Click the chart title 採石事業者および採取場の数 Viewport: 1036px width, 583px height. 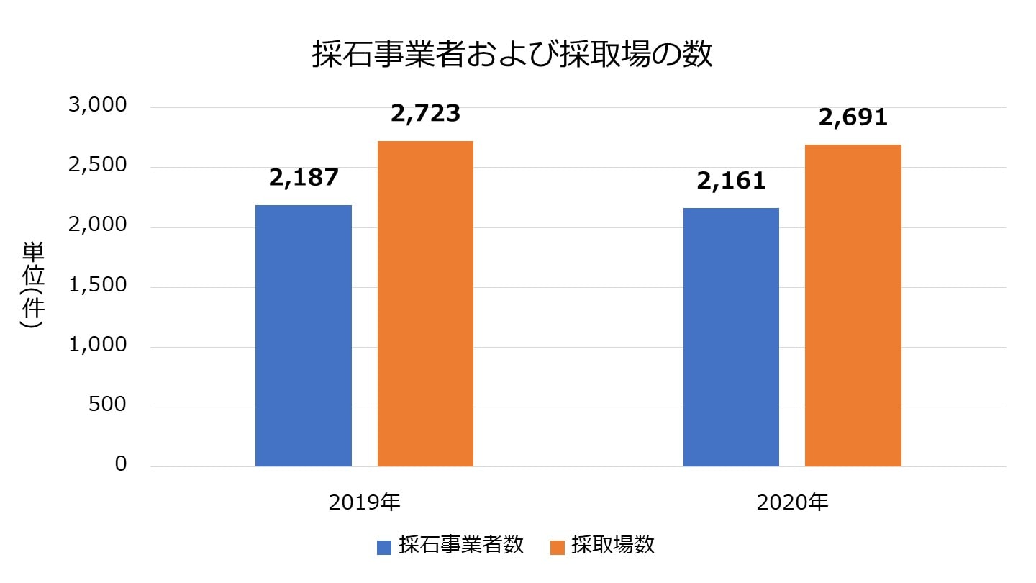pos(512,55)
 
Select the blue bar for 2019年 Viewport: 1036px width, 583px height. pos(304,335)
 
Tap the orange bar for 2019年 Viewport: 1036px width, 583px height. pos(425,304)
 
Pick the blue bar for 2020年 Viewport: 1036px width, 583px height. pos(731,337)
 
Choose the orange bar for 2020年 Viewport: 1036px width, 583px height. pos(853,305)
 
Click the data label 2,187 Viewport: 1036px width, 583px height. pos(304,178)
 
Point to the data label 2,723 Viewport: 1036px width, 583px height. pos(425,114)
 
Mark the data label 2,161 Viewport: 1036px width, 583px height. pos(731,181)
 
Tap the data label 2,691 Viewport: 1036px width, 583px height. pos(853,117)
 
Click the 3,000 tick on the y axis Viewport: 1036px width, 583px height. pos(97,106)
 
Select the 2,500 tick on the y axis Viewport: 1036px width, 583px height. pos(97,166)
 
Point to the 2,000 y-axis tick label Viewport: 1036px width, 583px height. pos(97,225)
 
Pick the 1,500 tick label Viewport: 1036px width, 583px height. pos(97,285)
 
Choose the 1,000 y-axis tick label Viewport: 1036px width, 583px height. pos(97,345)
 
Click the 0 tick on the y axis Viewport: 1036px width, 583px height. pos(120,464)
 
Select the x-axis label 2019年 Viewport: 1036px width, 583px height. pos(364,502)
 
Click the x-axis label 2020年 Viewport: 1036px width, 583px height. pos(792,502)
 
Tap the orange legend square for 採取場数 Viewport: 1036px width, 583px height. pos(557,547)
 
